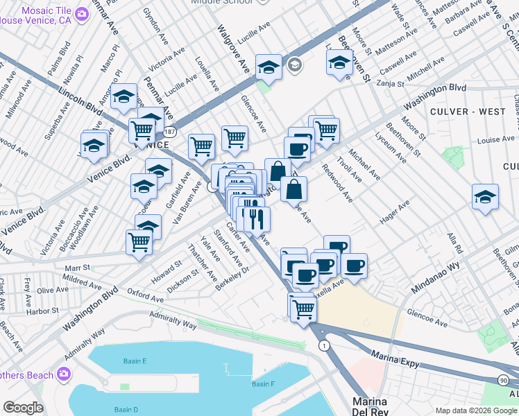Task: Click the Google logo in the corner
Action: coord(23,408)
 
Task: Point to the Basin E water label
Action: coord(135,361)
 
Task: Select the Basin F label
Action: coord(263,384)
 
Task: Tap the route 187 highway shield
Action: coord(170,131)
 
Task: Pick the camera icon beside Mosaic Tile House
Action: coord(82,14)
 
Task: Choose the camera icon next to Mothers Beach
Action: coord(65,375)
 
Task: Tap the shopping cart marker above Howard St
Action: coord(139,243)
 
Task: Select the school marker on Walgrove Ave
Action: coord(269,67)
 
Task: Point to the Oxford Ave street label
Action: coord(146,296)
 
